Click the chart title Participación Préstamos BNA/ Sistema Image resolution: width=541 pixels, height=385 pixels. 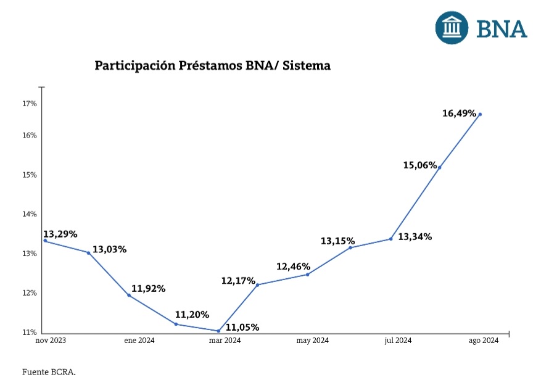tap(212, 65)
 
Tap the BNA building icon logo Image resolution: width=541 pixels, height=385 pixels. tap(453, 27)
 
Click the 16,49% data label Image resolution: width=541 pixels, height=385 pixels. tap(460, 114)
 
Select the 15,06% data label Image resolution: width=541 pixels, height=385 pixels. tap(421, 165)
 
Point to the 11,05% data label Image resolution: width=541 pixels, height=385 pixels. tap(242, 327)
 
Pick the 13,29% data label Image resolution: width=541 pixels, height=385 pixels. tap(60, 234)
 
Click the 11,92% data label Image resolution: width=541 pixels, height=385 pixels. tap(148, 289)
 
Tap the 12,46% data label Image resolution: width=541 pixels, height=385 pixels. tap(293, 267)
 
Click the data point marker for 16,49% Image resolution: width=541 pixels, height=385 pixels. tap(480, 114)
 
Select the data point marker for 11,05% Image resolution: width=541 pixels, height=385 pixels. tap(218, 331)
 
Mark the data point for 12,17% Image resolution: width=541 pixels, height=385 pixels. tap(257, 284)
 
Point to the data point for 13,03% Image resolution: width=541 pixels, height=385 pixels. tap(88, 252)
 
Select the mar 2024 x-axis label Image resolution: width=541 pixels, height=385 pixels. tap(225, 341)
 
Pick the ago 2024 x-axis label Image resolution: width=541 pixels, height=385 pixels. tap(482, 341)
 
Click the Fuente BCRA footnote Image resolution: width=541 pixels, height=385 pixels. tap(49, 372)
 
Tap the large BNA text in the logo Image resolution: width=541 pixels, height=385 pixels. tap(502, 28)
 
